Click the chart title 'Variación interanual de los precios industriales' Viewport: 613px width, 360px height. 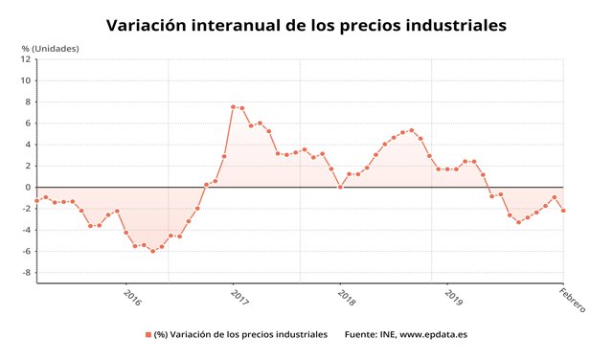coord(306,25)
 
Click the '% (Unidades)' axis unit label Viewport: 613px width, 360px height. coord(50,48)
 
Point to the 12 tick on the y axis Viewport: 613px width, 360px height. coord(26,58)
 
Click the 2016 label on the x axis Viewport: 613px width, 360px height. coord(133,297)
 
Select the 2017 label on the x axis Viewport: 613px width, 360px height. coord(240,297)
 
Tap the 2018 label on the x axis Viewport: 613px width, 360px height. coord(347,297)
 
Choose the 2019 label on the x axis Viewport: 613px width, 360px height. coord(454,297)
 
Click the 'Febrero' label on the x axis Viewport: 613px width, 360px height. coord(572,300)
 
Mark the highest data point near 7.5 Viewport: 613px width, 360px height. coord(233,106)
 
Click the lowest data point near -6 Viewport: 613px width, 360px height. coord(152,251)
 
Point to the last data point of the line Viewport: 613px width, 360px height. coord(563,211)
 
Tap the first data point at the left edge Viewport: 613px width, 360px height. coord(36,201)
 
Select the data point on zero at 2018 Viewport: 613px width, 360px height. coord(340,187)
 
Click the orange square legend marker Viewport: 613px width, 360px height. coord(148,334)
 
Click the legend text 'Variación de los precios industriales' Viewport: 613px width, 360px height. coord(241,334)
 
